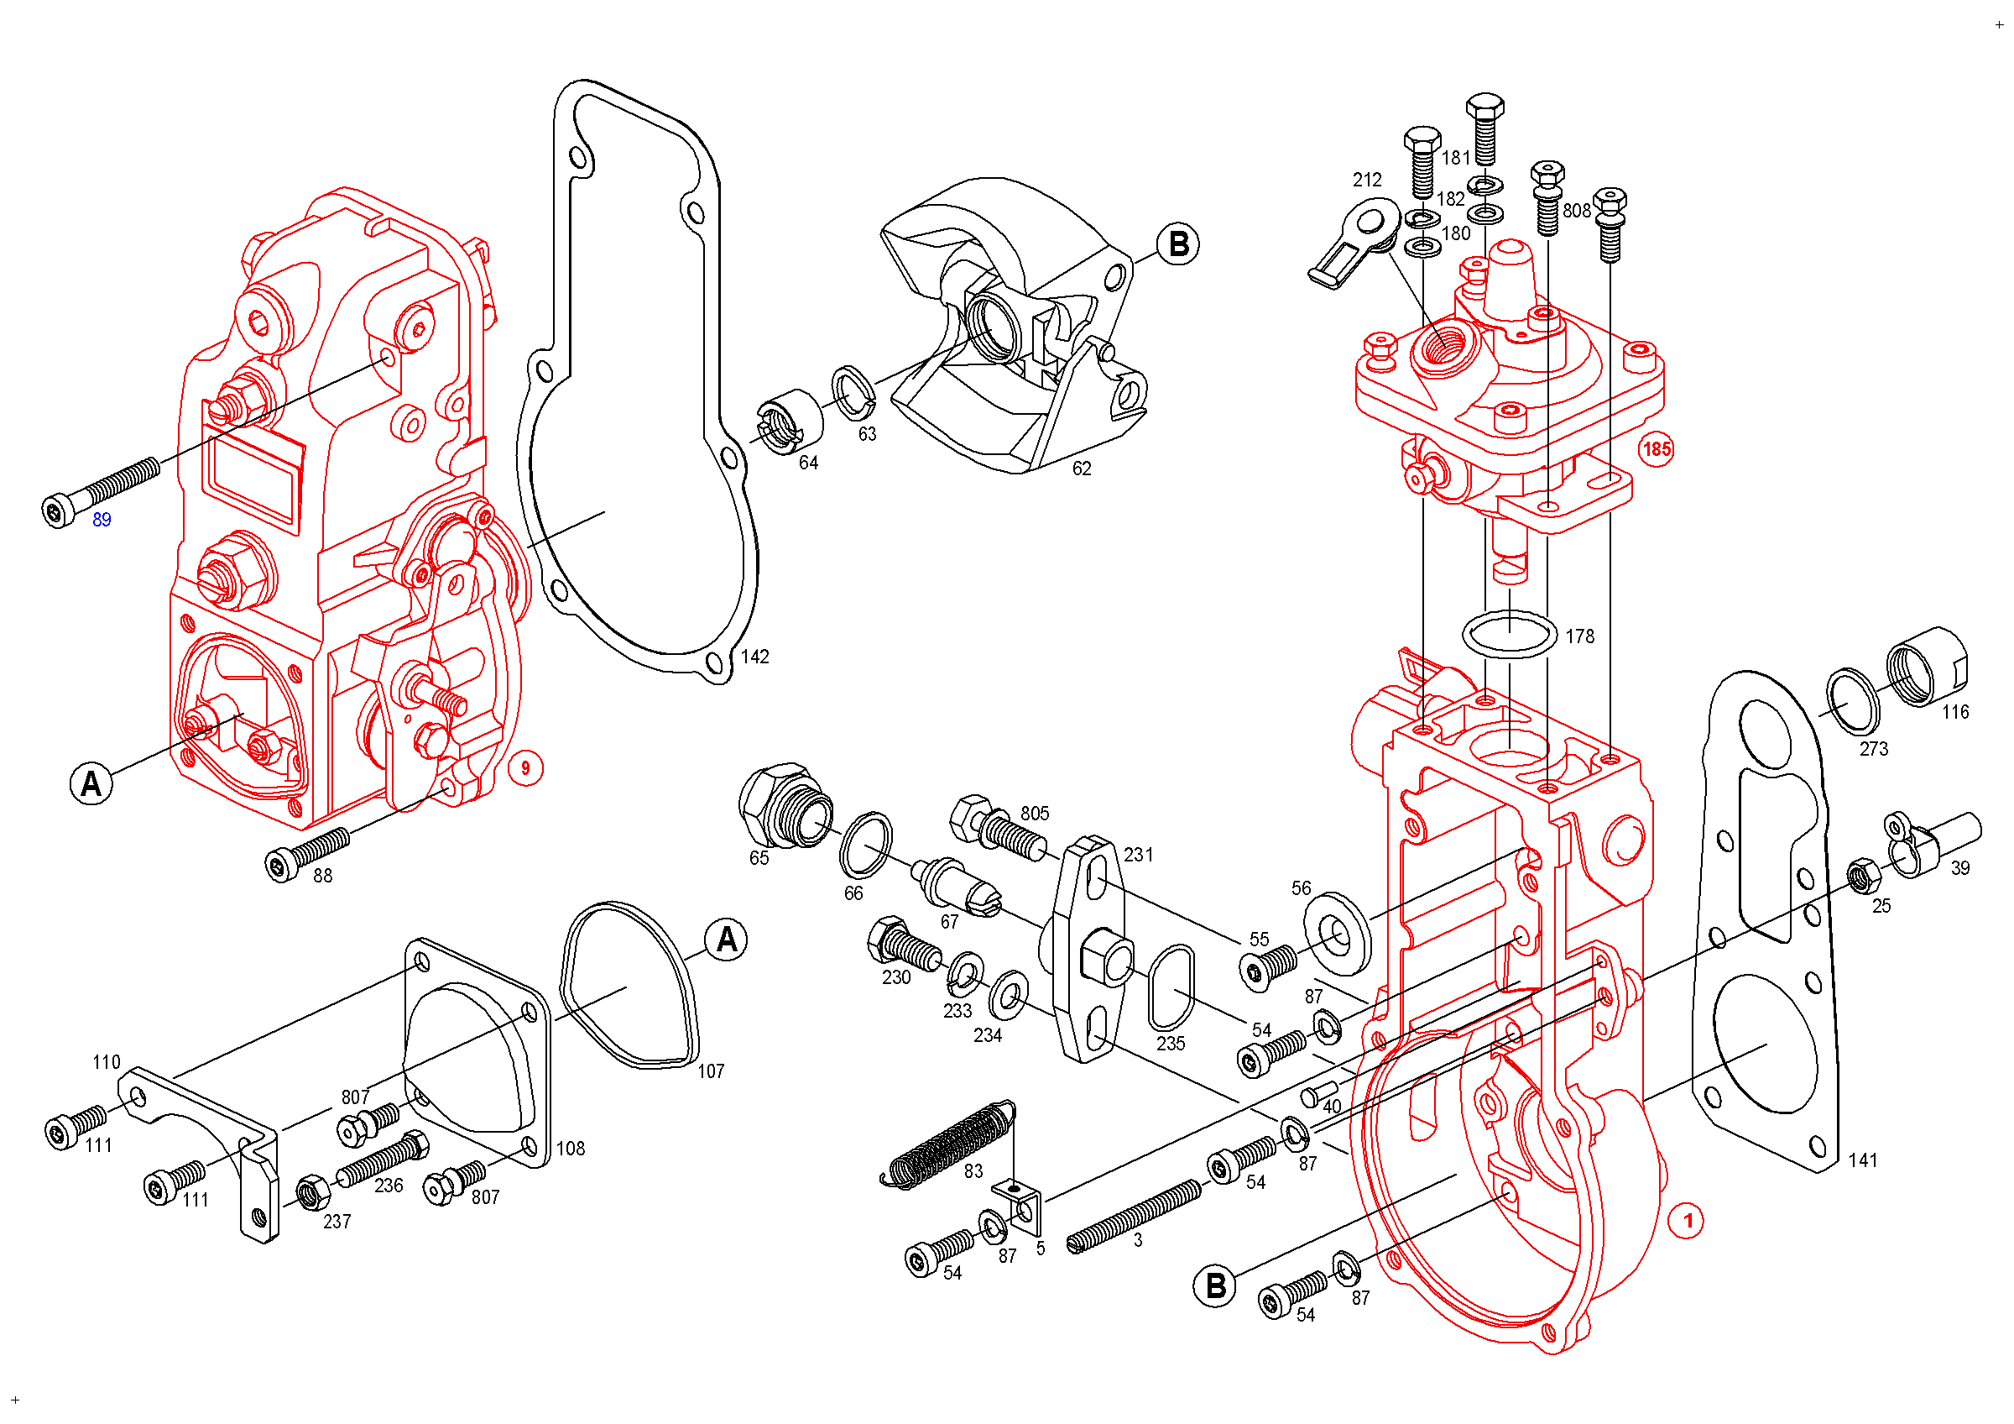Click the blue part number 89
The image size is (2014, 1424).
(x=102, y=521)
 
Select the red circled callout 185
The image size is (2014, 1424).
(x=1657, y=449)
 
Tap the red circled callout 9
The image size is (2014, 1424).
(x=525, y=768)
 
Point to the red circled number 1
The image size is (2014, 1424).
(x=1686, y=1221)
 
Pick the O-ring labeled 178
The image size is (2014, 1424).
(x=1509, y=633)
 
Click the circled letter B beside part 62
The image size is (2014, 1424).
(x=1178, y=244)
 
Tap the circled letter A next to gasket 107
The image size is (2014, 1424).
(x=727, y=940)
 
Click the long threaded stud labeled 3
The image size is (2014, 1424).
(x=1134, y=1215)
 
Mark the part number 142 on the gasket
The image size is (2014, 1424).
(x=754, y=657)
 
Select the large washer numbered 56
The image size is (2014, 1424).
(x=1337, y=933)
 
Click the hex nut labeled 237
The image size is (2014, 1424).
(x=311, y=1192)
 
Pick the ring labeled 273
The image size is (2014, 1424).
(x=1853, y=701)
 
